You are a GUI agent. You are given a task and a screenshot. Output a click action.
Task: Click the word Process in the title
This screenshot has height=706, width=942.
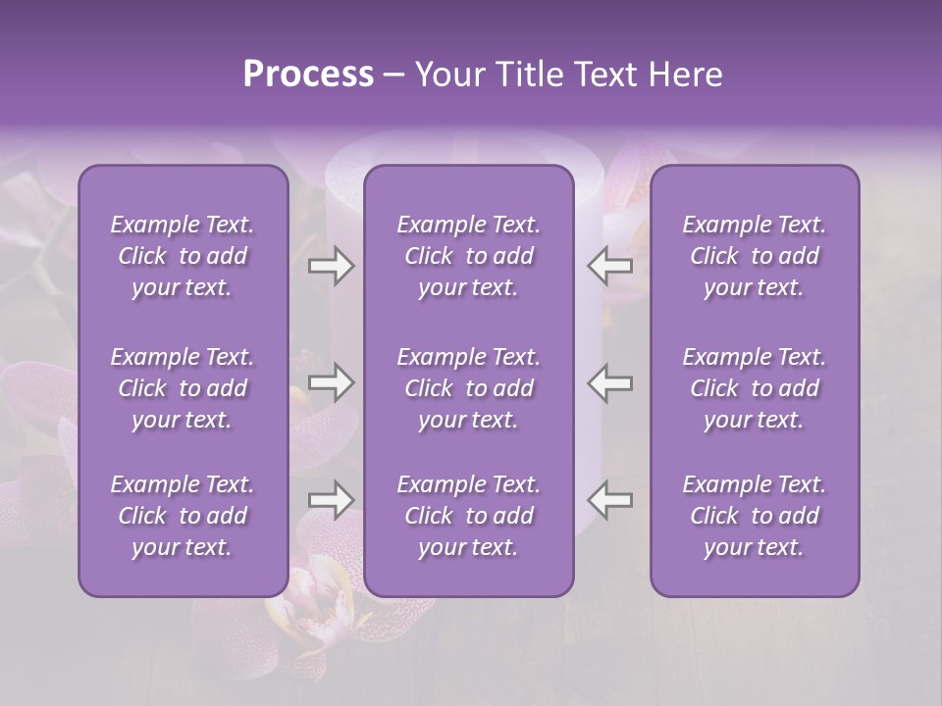[308, 75]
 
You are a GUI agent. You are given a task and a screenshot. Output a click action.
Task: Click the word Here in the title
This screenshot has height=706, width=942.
[685, 75]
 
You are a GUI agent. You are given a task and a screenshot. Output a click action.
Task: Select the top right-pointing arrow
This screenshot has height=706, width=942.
[332, 265]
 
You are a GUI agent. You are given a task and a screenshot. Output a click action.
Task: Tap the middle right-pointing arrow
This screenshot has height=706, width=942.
[332, 382]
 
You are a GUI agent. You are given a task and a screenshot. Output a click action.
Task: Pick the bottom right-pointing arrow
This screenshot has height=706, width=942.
[332, 500]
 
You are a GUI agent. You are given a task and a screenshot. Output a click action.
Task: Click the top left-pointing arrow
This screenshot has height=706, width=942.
[610, 265]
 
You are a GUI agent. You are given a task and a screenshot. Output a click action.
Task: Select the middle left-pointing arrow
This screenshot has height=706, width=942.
[610, 382]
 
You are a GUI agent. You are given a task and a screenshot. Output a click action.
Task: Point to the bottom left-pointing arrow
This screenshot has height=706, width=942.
[610, 500]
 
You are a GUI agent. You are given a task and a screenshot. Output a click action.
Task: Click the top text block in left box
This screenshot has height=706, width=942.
[183, 256]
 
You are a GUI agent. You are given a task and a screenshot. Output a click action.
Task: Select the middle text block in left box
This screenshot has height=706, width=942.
[183, 388]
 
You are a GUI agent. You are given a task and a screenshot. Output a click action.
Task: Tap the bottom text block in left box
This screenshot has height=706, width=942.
[183, 516]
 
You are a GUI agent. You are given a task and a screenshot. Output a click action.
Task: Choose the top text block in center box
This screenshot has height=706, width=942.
[469, 256]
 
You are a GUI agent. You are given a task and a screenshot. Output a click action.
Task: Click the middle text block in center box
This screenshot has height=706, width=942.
[469, 388]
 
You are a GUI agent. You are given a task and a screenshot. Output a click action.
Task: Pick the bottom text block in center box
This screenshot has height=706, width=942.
[469, 516]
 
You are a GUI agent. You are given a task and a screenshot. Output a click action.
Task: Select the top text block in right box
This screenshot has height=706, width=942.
[755, 256]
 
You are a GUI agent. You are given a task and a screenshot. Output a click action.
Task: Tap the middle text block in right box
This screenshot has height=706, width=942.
[755, 388]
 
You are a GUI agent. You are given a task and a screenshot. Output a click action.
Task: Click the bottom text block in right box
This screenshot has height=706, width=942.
[755, 516]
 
